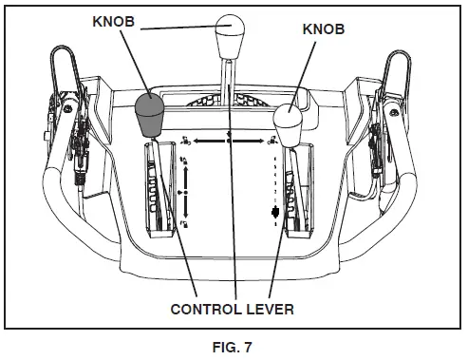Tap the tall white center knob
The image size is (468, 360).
[x=230, y=38]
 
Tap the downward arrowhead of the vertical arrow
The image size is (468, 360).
[x=187, y=216]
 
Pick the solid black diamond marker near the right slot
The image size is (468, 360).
[x=275, y=212]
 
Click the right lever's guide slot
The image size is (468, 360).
[x=297, y=190]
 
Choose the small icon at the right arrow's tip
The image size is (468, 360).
[x=273, y=141]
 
